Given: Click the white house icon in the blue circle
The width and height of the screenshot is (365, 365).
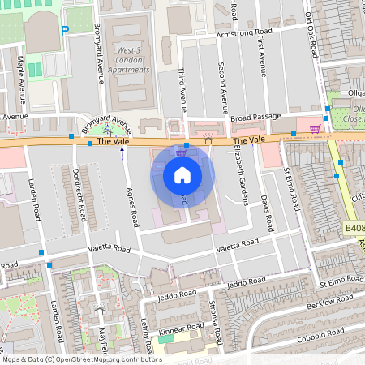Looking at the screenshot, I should (x=182, y=174).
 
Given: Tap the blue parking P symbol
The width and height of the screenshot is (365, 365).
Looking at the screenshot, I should (x=65, y=31).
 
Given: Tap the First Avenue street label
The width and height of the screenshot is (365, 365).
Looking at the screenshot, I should (x=261, y=57).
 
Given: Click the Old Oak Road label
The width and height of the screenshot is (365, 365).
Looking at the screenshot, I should (x=311, y=28).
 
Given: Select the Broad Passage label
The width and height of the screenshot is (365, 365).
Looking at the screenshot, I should (x=254, y=118).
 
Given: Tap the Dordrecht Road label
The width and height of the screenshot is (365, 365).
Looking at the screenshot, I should (x=79, y=199).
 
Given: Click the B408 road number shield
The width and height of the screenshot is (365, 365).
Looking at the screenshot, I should (x=354, y=230).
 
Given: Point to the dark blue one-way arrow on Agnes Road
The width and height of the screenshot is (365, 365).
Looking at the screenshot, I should (x=122, y=152).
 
